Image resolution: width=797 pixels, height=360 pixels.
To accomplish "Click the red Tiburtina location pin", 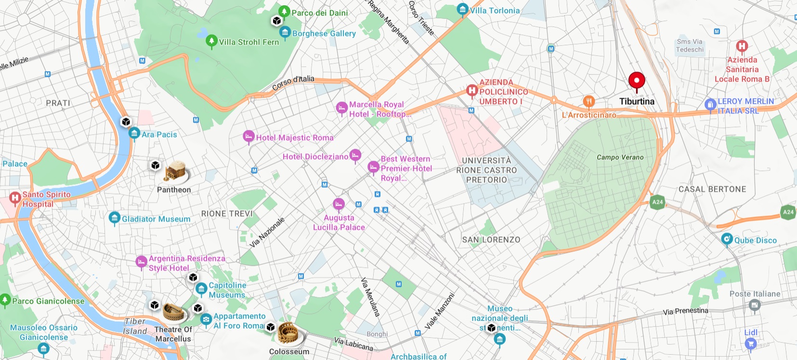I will tap(637, 81).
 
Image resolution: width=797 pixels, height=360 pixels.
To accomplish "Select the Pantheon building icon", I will tap(175, 172).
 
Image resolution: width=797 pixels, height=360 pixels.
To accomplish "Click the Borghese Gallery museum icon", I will tap(285, 32).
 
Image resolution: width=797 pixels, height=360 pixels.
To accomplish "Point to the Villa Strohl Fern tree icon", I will tap(211, 41).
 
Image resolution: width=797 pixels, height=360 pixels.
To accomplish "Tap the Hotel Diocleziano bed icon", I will tap(355, 155).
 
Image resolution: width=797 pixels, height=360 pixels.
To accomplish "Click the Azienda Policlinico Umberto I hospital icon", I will tap(472, 90).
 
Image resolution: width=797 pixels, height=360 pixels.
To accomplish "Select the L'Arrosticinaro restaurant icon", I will tap(588, 102).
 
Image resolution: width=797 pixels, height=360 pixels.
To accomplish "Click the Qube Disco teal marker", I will tap(727, 239).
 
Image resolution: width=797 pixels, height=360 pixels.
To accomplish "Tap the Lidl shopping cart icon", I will tap(750, 343).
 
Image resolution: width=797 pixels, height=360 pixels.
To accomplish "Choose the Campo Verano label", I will tap(620, 157).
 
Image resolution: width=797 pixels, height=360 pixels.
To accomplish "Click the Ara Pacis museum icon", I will tap(134, 133).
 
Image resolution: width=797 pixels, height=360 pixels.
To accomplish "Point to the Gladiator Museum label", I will tap(156, 219).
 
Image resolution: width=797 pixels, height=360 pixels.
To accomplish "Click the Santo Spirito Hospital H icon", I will tap(15, 197).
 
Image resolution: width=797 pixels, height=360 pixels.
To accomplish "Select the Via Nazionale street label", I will tap(267, 232).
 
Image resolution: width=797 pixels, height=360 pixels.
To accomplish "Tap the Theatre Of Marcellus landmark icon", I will tap(174, 312).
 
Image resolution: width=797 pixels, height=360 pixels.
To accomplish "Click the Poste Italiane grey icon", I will tap(755, 305).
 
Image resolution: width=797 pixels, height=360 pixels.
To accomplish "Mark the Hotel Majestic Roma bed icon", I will tap(248, 137).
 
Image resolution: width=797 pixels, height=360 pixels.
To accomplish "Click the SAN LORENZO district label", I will tap(491, 240).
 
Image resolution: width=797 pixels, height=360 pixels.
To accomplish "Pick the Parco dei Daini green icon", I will tap(284, 11).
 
